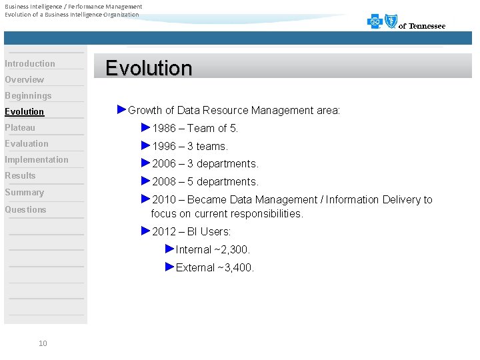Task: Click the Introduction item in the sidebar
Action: (x=30, y=63)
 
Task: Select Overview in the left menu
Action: (x=25, y=79)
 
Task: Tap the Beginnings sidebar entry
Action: (x=28, y=95)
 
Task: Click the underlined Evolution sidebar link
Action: (x=25, y=111)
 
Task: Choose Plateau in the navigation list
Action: (x=20, y=127)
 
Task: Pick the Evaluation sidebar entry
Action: (x=27, y=143)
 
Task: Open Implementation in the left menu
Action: (x=37, y=159)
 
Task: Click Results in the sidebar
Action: (x=20, y=175)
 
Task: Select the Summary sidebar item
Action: (x=24, y=192)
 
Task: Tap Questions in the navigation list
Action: (x=25, y=209)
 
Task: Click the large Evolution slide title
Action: (x=149, y=68)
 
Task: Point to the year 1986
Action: (x=164, y=128)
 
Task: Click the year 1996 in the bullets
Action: (x=164, y=146)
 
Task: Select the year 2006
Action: (x=164, y=164)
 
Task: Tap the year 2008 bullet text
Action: (x=164, y=182)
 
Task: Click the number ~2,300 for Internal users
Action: (x=232, y=249)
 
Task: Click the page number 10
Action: (x=43, y=343)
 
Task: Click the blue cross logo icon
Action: (x=375, y=22)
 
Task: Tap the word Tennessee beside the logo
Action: (x=427, y=26)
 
